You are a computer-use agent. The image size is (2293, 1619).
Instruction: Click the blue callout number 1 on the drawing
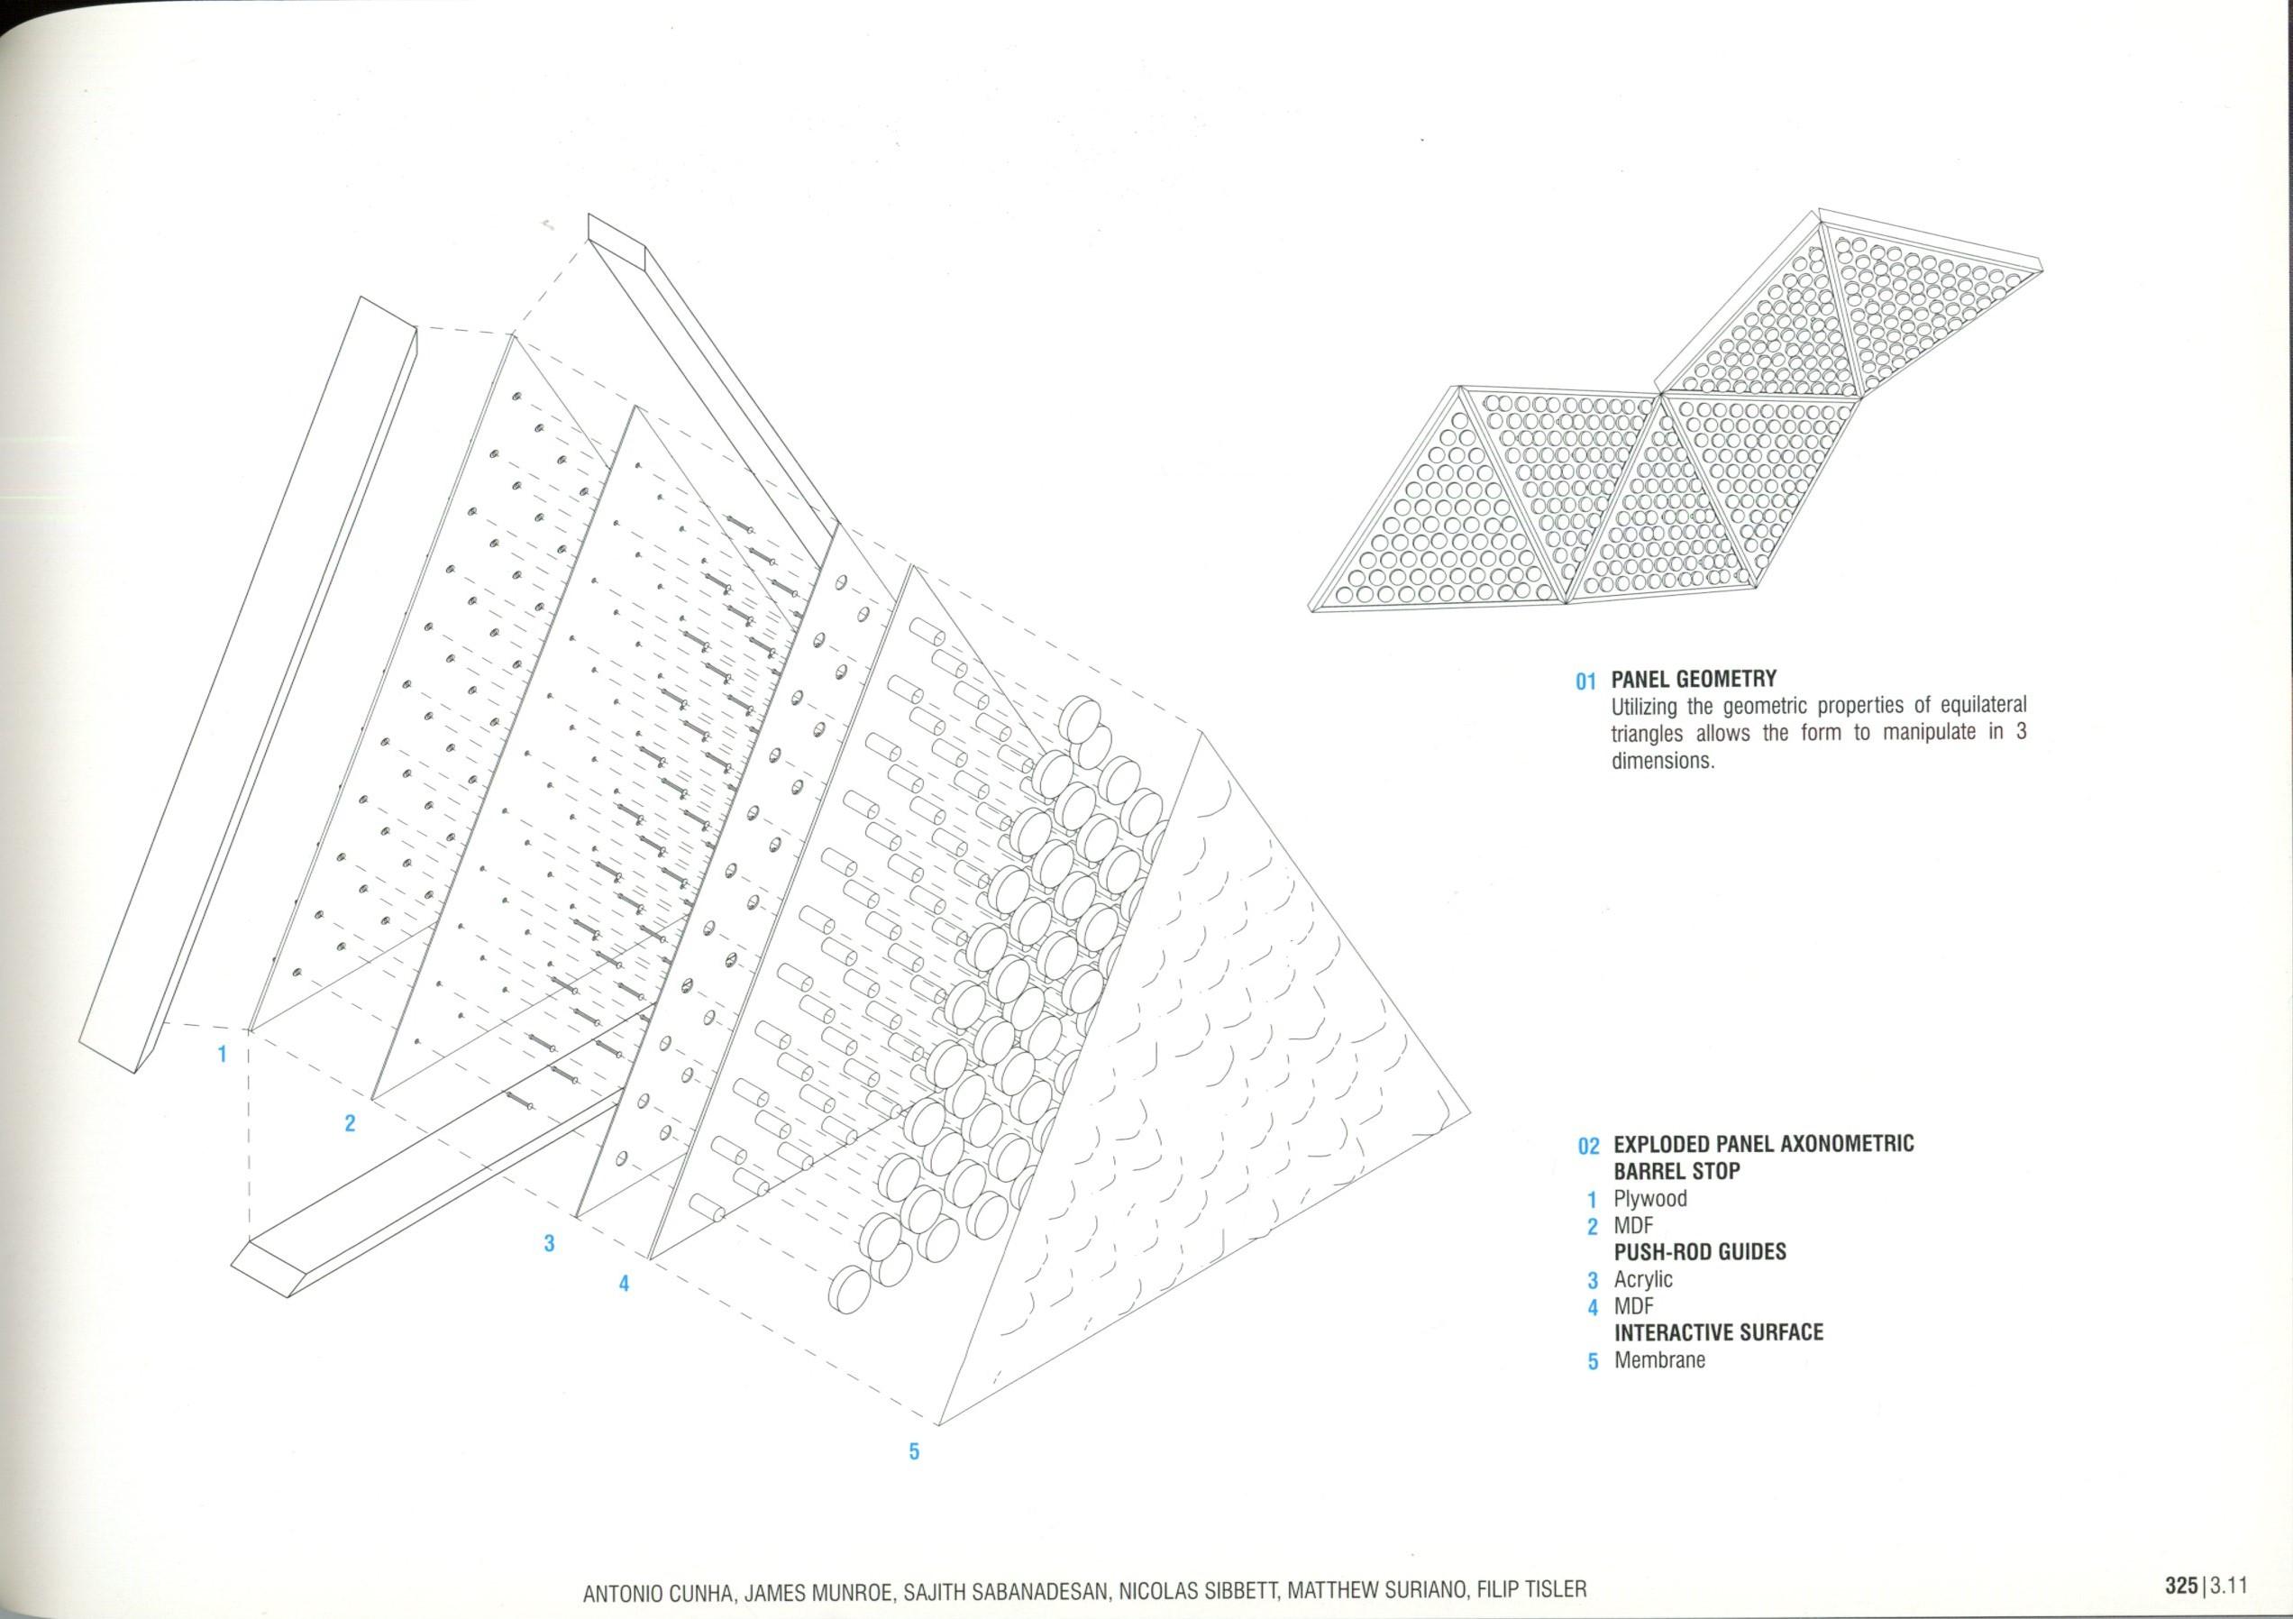coord(224,1053)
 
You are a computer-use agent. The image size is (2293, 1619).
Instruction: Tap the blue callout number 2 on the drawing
coord(350,1122)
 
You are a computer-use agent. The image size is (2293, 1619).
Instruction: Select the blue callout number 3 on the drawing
coord(548,1243)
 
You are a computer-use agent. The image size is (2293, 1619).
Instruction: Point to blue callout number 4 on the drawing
coord(625,1284)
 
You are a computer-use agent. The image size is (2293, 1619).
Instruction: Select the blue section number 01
coord(1587,682)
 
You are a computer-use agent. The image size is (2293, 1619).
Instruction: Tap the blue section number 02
coord(1589,1146)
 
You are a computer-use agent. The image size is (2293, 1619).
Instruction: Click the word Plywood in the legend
coord(1649,1199)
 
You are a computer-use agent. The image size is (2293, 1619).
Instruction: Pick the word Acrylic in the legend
coord(1643,1279)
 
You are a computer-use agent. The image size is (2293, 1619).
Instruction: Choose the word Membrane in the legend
coord(1658,1359)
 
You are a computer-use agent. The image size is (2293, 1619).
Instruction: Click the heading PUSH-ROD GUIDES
coord(1700,1251)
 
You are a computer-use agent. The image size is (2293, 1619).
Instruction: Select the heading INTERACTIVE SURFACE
coord(1718,1332)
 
